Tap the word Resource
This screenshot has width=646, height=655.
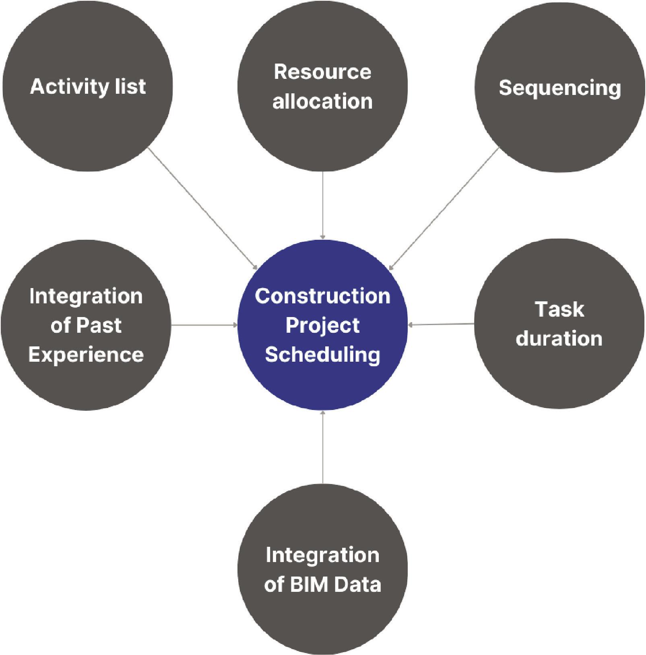[x=322, y=72]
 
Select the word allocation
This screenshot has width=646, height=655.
[x=322, y=101]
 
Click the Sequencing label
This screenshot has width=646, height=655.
[x=559, y=88]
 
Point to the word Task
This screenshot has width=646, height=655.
[x=559, y=309]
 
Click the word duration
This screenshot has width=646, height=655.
[x=559, y=338]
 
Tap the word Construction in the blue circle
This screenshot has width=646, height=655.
[x=322, y=296]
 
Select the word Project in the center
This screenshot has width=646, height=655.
[x=322, y=325]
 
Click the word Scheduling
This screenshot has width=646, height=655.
[x=322, y=354]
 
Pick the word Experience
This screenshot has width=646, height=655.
[x=86, y=354]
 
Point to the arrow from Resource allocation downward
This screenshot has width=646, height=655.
[x=322, y=205]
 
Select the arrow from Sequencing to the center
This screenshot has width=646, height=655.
[x=444, y=208]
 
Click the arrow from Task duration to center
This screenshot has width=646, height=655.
[x=441, y=324]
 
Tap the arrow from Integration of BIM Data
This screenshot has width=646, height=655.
[x=322, y=447]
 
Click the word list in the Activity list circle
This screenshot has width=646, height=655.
[x=130, y=87]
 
